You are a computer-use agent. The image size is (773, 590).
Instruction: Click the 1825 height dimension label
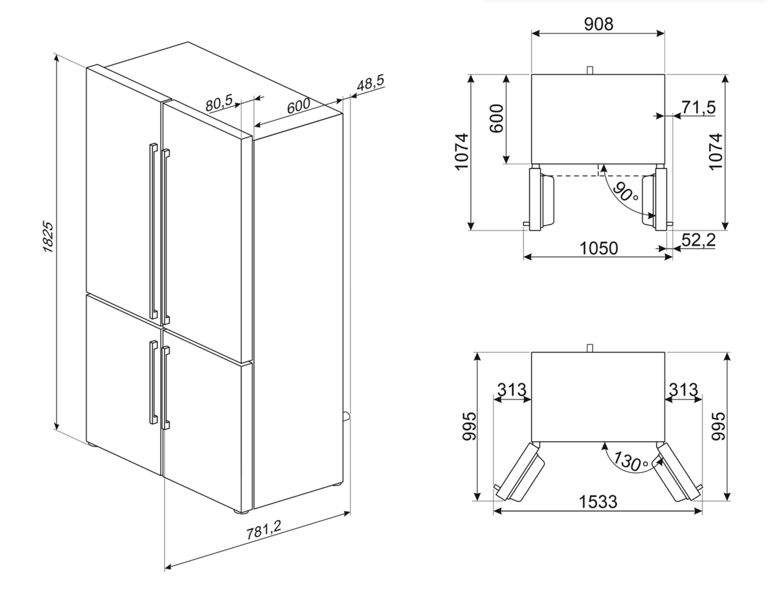point(48,236)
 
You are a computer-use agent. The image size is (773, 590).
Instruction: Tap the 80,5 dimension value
point(219,103)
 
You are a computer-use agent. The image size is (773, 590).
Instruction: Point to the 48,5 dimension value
point(370,83)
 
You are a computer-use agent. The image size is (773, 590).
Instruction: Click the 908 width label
point(598,24)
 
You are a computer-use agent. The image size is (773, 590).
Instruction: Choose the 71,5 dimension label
point(699,107)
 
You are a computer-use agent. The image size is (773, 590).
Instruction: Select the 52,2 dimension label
point(699,240)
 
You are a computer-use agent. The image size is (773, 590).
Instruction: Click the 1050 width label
point(598,249)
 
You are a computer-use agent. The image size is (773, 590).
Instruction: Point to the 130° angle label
point(629,461)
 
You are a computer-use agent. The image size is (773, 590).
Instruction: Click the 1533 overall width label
point(598,501)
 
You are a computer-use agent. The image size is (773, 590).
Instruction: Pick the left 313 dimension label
point(512,390)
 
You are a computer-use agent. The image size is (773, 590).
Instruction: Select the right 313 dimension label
point(683,390)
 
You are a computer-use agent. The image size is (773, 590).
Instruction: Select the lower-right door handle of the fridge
point(166,387)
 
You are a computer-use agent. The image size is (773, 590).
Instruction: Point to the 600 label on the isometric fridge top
point(299,106)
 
